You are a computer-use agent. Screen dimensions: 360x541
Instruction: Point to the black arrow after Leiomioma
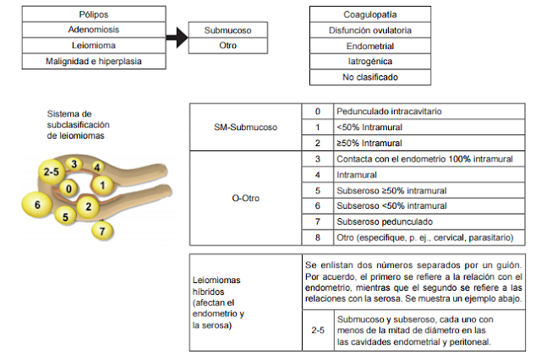point(176,38)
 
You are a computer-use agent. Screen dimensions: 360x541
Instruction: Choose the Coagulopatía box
point(372,14)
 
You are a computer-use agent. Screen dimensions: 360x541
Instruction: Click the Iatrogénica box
point(372,62)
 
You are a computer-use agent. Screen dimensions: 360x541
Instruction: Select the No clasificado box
point(372,77)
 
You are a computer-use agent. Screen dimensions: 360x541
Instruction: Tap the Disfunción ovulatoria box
point(372,30)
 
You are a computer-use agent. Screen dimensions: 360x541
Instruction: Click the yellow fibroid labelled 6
point(37,205)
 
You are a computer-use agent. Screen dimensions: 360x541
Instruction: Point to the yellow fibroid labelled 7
point(102,230)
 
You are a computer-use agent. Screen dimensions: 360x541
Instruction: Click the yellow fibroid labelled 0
point(69,189)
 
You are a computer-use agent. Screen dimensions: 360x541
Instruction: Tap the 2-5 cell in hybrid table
point(318,330)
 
